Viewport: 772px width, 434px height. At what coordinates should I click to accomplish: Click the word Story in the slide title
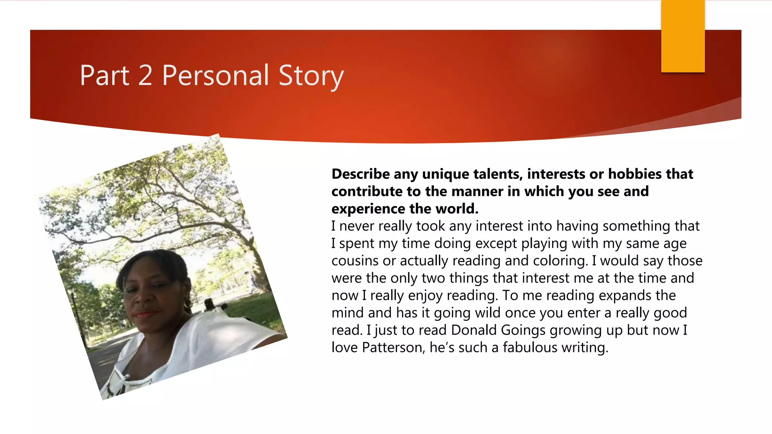click(311, 75)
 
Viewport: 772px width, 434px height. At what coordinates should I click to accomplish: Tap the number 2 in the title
click(145, 75)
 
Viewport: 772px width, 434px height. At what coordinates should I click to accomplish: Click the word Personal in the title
click(215, 75)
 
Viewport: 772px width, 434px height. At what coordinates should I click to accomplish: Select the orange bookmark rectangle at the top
click(683, 36)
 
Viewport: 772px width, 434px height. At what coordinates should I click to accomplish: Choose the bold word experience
click(368, 209)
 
